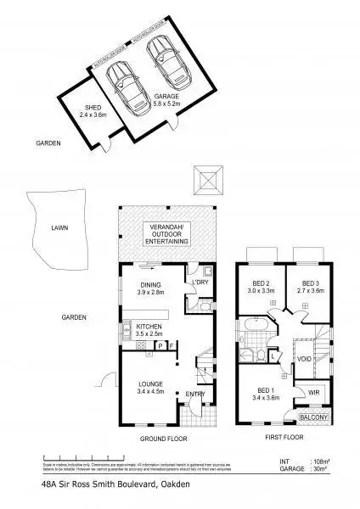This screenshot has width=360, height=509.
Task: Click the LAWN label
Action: (59, 228)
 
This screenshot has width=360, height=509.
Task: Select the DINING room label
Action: (148, 286)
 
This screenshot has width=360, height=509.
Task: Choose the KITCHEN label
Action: (149, 327)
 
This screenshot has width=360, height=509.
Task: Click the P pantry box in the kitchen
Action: (160, 345)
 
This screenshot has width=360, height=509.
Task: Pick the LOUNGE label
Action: (150, 384)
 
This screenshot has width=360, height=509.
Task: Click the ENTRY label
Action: (195, 393)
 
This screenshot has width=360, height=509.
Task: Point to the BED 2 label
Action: (261, 284)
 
